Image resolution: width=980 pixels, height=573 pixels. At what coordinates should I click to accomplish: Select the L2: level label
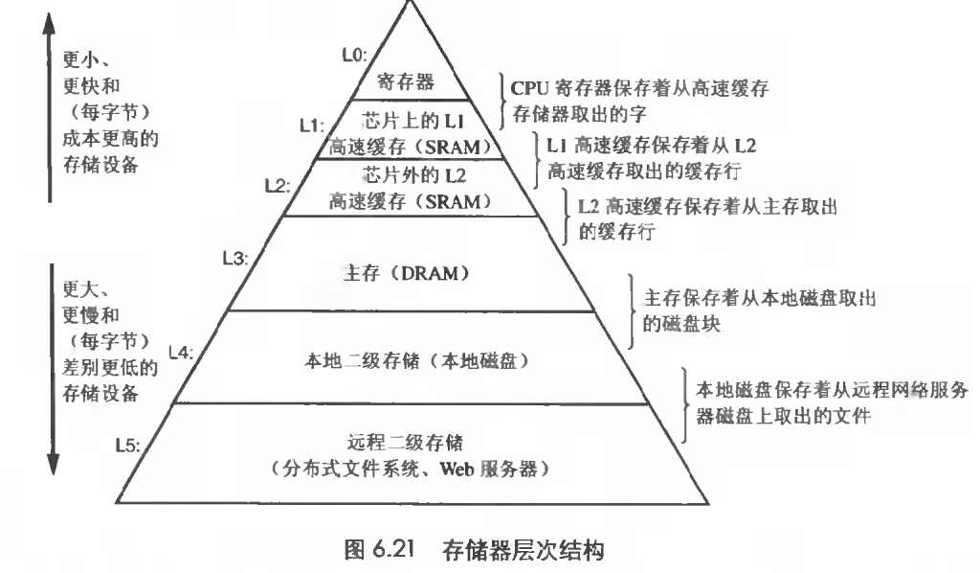coord(278,185)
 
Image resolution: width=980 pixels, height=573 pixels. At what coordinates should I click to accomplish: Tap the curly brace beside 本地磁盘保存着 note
coord(686,405)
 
